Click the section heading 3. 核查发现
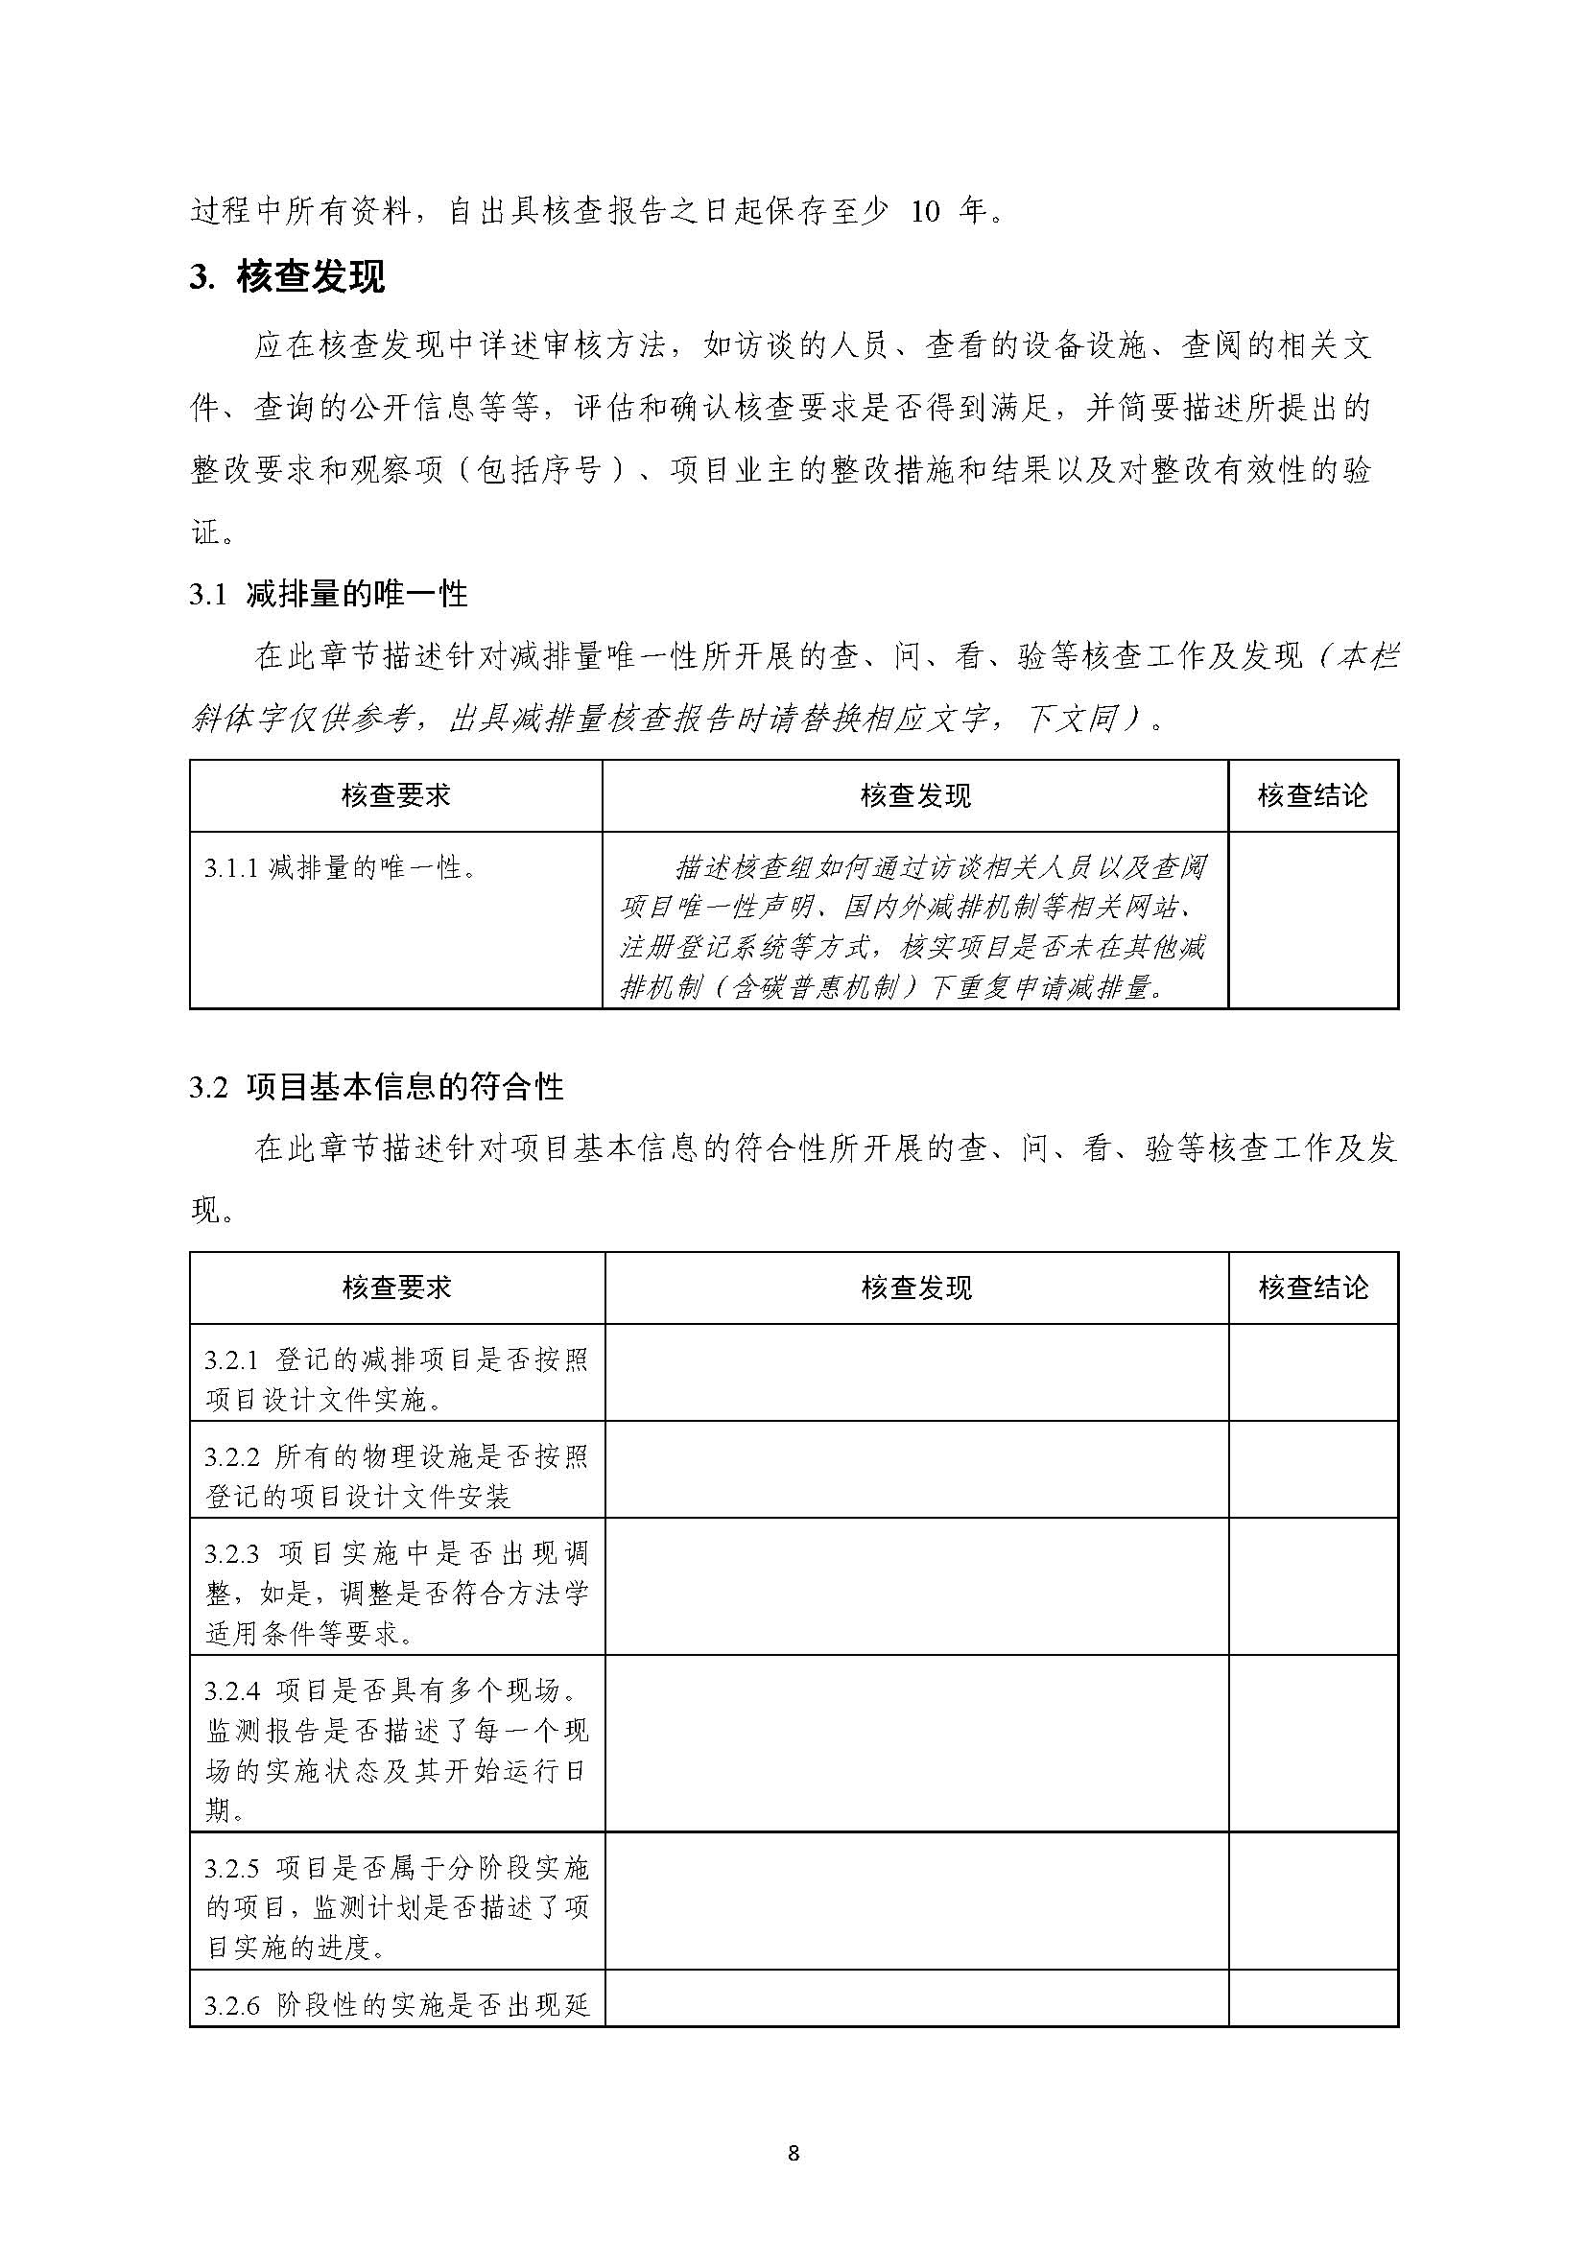[288, 277]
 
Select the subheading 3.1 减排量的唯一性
[328, 595]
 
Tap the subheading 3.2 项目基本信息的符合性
[376, 1087]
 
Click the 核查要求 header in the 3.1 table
[396, 796]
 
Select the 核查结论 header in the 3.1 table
[1313, 796]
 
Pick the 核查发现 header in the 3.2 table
[916, 1287]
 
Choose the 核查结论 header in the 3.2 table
[1313, 1287]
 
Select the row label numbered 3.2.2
[397, 1476]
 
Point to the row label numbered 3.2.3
[397, 1594]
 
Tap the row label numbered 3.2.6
[397, 2006]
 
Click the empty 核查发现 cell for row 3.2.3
[916, 1594]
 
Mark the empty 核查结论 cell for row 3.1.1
[1313, 919]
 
